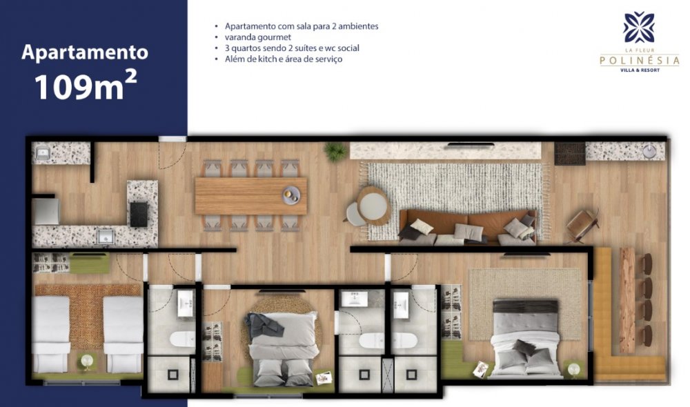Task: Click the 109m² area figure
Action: click(86, 86)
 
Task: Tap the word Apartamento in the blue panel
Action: click(85, 52)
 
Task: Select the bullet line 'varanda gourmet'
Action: click(258, 37)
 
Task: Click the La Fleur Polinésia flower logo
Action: click(639, 28)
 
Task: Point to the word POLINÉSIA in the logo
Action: click(640, 60)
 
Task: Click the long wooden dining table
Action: click(251, 196)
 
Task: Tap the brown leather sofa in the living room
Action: click(467, 227)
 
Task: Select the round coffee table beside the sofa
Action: click(373, 206)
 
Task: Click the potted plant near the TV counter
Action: click(335, 152)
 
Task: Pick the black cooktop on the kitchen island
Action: click(139, 214)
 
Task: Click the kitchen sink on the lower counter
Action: click(105, 237)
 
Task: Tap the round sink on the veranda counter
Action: click(650, 152)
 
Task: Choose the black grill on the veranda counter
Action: click(569, 153)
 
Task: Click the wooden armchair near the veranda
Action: click(582, 226)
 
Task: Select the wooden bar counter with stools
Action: click(627, 301)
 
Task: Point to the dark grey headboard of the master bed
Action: click(525, 307)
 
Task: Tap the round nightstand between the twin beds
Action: click(87, 361)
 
